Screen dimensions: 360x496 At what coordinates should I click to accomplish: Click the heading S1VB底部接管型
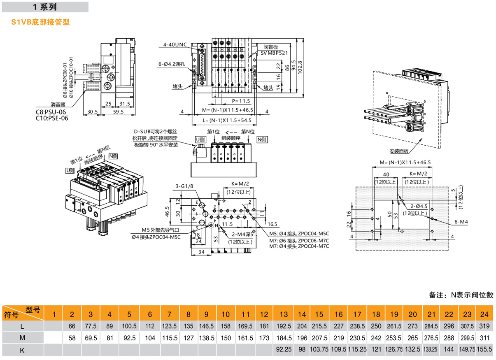click(40, 22)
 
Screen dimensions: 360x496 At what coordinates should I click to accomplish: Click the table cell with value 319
click(484, 326)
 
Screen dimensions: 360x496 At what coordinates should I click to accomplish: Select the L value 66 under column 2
click(72, 326)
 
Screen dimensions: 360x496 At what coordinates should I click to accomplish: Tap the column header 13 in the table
click(283, 314)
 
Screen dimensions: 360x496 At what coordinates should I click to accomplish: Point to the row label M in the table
click(23, 338)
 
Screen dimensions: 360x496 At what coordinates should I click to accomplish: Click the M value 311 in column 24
click(484, 338)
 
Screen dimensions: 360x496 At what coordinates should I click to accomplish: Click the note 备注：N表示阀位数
click(461, 295)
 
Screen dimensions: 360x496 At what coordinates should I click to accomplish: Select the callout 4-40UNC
click(175, 44)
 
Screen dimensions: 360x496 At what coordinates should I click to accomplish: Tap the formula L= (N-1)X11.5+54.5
click(227, 121)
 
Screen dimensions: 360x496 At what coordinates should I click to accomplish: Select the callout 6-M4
click(461, 222)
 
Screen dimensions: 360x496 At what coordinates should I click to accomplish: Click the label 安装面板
click(399, 150)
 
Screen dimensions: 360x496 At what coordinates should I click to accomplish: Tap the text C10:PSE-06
click(52, 118)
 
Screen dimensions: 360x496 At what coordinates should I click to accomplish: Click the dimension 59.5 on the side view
click(119, 111)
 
